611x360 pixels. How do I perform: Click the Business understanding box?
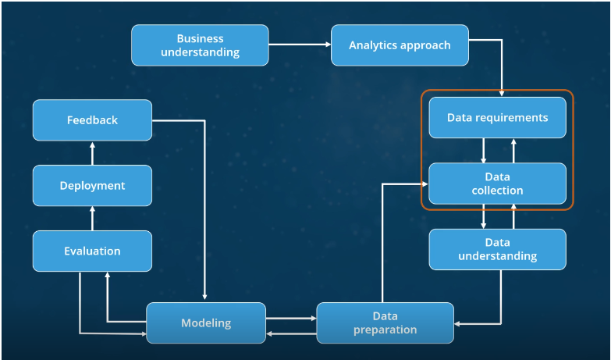point(200,45)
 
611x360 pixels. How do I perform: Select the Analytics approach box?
point(400,45)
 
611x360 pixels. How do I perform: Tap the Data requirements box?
point(497,118)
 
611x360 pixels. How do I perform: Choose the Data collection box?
point(497,184)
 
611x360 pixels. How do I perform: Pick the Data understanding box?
point(497,249)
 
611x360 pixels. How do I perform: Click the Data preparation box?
point(385,323)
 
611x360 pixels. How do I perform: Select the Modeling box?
point(206,323)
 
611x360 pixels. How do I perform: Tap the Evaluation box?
point(92,251)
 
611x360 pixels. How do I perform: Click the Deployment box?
point(92,186)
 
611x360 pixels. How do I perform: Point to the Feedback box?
point(92,120)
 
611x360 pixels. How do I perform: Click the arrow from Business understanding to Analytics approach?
point(300,45)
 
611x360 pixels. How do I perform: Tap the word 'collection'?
point(497,191)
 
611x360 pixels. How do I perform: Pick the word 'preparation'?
point(385,330)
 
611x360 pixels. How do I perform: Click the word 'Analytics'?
point(373,45)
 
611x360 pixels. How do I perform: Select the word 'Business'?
point(200,38)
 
